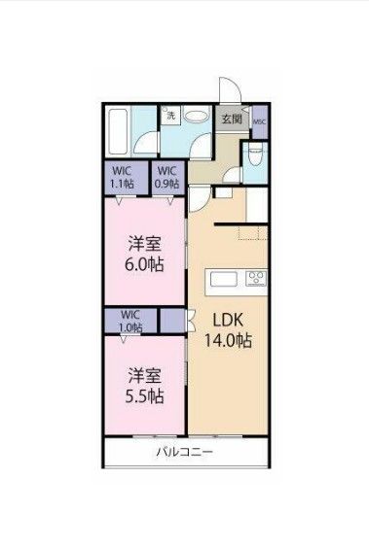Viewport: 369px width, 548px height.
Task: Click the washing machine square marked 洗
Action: pos(171,116)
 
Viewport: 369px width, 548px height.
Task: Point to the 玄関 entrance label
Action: pos(231,120)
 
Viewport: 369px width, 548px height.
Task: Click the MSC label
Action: pos(259,121)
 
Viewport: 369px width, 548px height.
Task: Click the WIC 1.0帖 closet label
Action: pos(130,321)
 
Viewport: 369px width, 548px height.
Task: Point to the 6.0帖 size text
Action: pos(142,264)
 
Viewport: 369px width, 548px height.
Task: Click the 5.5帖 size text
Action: pos(142,395)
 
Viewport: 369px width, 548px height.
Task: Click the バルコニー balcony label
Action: pos(184,453)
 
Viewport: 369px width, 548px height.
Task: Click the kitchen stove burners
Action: pos(257,280)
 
